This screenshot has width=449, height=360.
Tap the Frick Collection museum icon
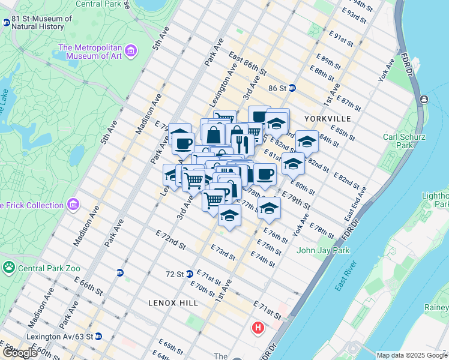74,205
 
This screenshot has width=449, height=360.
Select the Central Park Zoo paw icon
9,266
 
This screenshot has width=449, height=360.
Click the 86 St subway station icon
292,88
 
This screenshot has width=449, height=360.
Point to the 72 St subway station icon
189,274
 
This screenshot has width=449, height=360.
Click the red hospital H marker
258,328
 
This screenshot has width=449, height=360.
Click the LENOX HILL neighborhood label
173,304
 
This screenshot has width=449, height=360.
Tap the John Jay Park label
321,250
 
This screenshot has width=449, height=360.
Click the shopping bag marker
213,134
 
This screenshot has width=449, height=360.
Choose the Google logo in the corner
19,353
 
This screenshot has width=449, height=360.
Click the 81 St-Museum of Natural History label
41,22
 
